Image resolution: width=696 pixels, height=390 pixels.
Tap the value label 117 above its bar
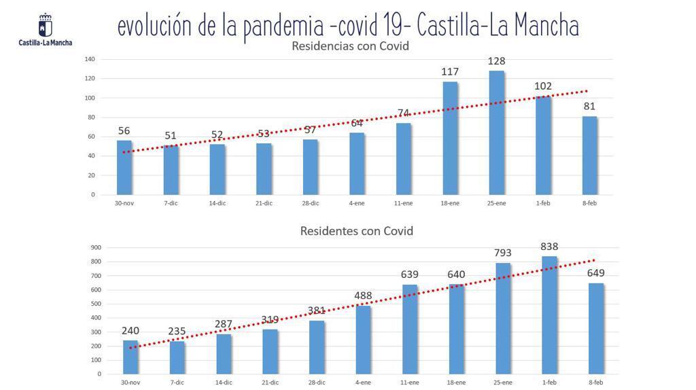[x=450, y=71]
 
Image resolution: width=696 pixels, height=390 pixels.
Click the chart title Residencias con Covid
[x=350, y=46]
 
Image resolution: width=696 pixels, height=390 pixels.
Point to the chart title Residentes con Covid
[x=357, y=231]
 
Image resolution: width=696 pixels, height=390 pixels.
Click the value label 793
[x=503, y=253]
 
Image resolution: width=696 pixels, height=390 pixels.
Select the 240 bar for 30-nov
[x=130, y=357]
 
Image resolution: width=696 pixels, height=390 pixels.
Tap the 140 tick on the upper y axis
[x=90, y=59]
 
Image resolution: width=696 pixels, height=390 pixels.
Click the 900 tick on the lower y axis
[x=95, y=247]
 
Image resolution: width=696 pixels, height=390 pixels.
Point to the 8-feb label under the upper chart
[x=589, y=203]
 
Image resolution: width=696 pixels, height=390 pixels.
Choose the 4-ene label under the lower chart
[x=362, y=383]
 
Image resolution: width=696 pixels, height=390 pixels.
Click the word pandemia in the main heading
[x=279, y=27]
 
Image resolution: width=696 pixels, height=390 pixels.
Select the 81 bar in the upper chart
[x=590, y=156]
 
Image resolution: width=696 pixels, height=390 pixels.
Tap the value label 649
[x=596, y=273]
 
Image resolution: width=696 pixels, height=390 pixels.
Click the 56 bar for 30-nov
[x=124, y=167]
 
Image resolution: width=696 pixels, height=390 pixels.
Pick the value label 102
[x=543, y=86]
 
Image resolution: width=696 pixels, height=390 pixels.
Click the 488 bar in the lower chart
[x=363, y=340]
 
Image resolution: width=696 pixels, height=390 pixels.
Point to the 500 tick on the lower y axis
[x=95, y=304]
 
